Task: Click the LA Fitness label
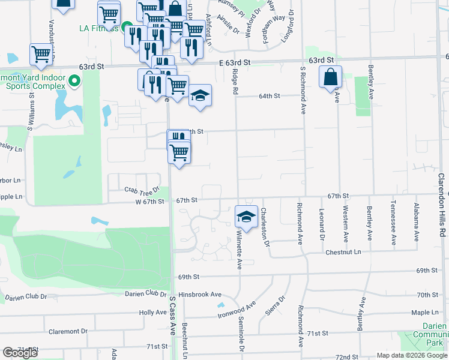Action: [x=99, y=28]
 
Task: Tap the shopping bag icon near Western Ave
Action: [x=330, y=77]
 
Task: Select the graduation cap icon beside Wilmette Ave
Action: [x=246, y=217]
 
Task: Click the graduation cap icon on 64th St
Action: [x=200, y=95]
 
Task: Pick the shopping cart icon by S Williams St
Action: [x=41, y=55]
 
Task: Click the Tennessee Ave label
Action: [x=394, y=223]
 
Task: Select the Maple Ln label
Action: [x=425, y=313]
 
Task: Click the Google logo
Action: [x=20, y=353]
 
